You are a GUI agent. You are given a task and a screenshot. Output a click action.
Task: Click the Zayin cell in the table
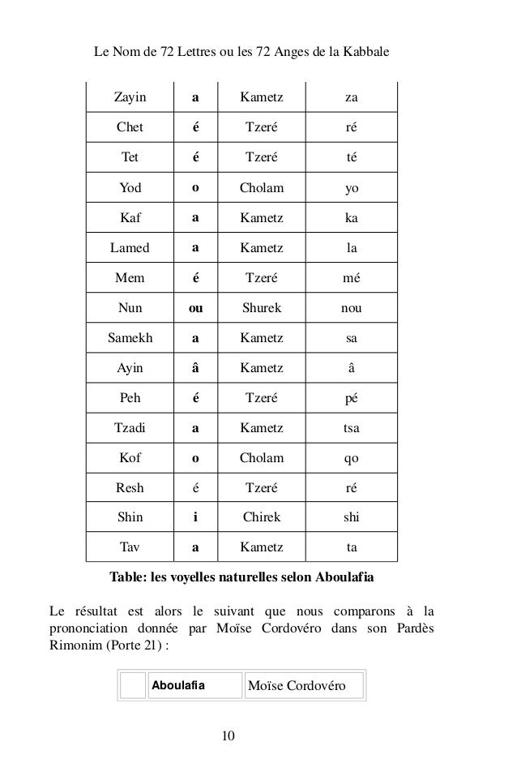[x=130, y=98]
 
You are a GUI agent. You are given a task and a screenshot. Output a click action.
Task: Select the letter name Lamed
[x=130, y=248]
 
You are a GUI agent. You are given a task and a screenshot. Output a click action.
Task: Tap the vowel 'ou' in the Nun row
[x=195, y=308]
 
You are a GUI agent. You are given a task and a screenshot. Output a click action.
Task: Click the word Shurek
[x=261, y=308]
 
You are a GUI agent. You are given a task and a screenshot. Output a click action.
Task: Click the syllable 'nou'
[x=351, y=308]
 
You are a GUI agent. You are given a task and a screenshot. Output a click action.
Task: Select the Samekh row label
[x=130, y=338]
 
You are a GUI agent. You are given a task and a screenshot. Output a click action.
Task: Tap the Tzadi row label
[x=130, y=428]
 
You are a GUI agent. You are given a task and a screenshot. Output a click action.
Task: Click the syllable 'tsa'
[x=351, y=428]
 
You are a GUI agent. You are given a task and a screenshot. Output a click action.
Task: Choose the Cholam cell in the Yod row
[x=261, y=188]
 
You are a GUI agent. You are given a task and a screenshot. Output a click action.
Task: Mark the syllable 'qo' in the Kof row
[x=351, y=458]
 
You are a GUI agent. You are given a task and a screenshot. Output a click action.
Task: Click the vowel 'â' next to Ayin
[x=195, y=368]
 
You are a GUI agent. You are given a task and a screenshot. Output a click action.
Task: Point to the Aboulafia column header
[x=178, y=686]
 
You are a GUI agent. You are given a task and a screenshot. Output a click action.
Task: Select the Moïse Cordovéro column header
[x=297, y=686]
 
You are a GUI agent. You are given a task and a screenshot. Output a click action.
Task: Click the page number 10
[x=229, y=735]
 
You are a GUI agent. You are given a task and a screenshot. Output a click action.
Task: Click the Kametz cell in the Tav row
[x=261, y=547]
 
